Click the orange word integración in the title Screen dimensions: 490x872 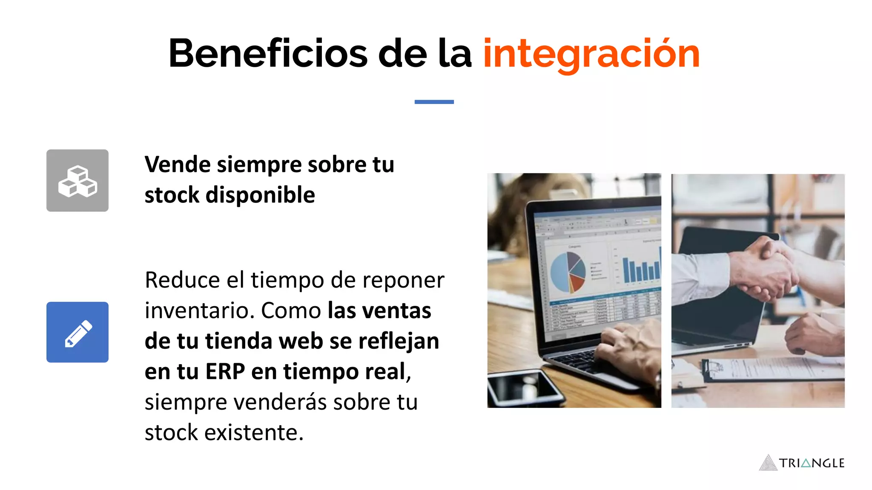point(591,54)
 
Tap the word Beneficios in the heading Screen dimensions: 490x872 point(268,54)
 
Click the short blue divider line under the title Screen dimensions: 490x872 point(434,102)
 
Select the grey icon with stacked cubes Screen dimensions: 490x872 point(77,180)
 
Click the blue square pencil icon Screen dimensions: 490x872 point(77,332)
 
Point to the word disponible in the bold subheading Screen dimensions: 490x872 point(260,195)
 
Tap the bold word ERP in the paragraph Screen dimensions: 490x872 point(225,372)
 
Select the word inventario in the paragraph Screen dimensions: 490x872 point(199,311)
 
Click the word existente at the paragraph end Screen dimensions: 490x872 point(254,433)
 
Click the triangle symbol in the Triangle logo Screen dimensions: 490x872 point(768,463)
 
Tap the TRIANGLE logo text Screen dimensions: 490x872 point(812,463)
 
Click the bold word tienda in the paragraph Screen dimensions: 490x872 point(238,342)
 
